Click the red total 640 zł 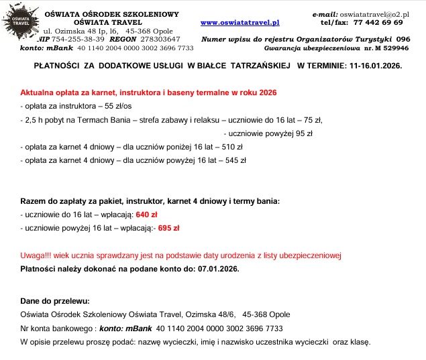coord(146,215)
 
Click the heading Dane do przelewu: coord(55,302)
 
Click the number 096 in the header coord(403,40)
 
